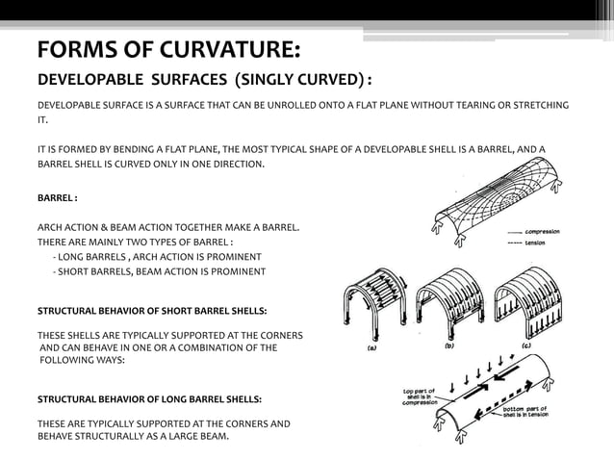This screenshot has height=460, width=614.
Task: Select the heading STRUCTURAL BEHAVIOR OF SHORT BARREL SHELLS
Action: (x=152, y=312)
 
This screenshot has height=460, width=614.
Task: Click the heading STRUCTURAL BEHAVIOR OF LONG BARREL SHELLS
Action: (x=148, y=397)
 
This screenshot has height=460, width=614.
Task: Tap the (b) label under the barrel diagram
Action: (x=449, y=344)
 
